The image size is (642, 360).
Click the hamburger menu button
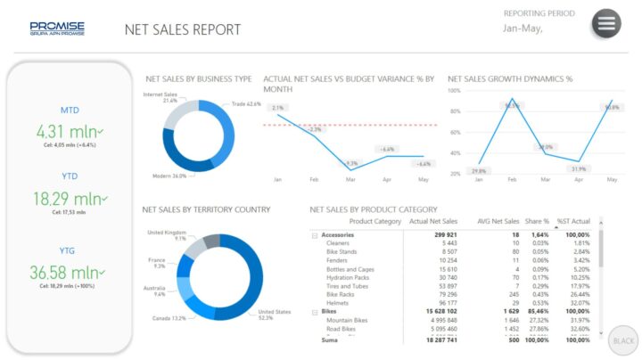pyautogui.click(x=606, y=23)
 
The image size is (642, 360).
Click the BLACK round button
pyautogui.click(x=621, y=340)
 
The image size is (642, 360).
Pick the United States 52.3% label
pyautogui.click(x=273, y=315)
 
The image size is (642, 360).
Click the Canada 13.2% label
pyautogui.click(x=167, y=318)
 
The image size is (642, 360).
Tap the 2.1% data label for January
pyautogui.click(x=277, y=108)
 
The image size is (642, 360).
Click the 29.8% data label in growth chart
pyautogui.click(x=479, y=170)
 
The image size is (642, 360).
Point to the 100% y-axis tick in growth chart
pyautogui.click(x=455, y=91)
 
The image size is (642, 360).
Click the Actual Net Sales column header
pyautogui.click(x=432, y=221)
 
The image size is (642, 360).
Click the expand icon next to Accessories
pyautogui.click(x=314, y=235)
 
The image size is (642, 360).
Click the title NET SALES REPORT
pyautogui.click(x=183, y=29)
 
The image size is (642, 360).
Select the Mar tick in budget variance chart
pyautogui.click(x=351, y=179)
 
